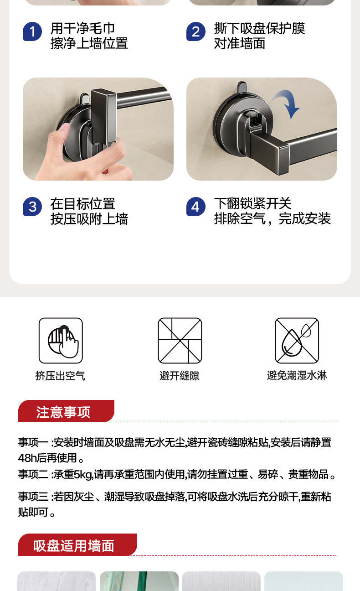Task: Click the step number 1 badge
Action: (x=32, y=32)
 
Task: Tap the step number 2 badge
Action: (x=195, y=32)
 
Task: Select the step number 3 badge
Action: (x=32, y=207)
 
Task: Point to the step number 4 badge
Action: (x=195, y=207)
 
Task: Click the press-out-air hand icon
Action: (x=61, y=340)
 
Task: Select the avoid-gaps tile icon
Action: (x=180, y=340)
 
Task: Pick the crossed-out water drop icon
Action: (x=297, y=340)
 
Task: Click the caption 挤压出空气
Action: (x=60, y=376)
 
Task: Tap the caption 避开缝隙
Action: (x=180, y=376)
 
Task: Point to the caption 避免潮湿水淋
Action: (x=297, y=375)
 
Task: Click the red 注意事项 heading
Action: (x=64, y=412)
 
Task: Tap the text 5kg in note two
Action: (x=83, y=475)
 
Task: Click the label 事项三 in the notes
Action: (x=33, y=497)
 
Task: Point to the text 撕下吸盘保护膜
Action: (x=259, y=28)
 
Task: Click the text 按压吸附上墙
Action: (x=89, y=219)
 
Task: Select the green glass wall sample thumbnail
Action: (x=139, y=581)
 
